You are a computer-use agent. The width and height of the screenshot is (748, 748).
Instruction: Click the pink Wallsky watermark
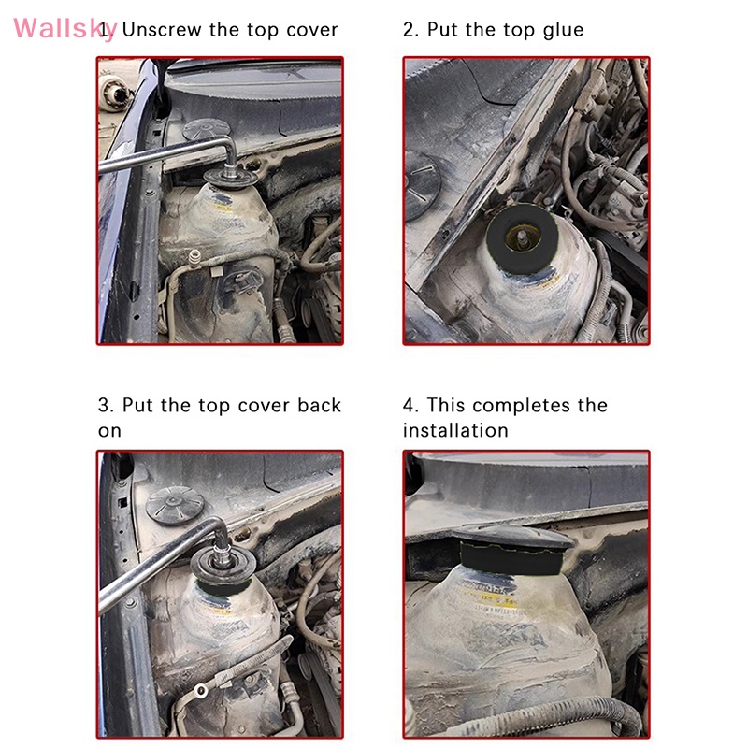pos(65,29)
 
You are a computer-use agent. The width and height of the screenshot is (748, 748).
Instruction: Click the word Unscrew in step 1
pos(162,30)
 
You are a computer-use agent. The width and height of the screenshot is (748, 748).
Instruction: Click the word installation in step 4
pos(455,430)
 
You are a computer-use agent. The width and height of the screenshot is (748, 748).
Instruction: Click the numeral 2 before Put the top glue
pos(410,30)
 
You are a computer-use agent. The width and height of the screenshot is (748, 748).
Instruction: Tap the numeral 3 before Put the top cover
pos(106,406)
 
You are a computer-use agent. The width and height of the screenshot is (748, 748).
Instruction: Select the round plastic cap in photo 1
pos(207,129)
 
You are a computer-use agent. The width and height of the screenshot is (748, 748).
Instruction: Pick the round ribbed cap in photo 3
pos(175,505)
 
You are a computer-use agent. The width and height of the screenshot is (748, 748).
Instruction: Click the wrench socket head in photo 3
pos(223,554)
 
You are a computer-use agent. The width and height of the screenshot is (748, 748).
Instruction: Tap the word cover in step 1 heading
pos(312,30)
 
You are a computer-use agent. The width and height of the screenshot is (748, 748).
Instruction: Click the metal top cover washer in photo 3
pos(223,566)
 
